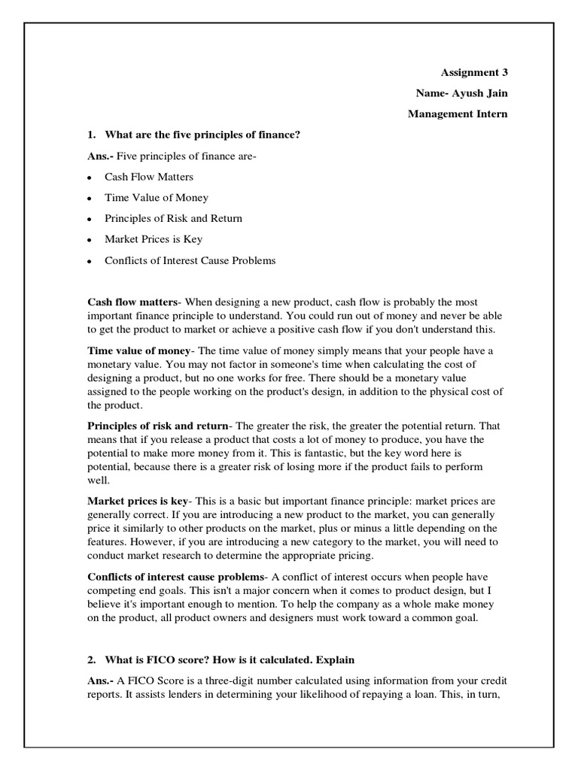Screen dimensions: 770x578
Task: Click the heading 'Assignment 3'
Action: (474, 73)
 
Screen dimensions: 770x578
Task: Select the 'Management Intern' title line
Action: (458, 114)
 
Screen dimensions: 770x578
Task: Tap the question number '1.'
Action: (93, 135)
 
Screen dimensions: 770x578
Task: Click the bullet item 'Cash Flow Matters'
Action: (148, 177)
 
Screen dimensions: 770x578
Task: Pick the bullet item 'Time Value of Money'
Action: (156, 198)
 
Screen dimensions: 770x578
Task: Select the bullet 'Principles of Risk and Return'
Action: (173, 219)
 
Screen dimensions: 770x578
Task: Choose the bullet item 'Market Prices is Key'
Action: (153, 240)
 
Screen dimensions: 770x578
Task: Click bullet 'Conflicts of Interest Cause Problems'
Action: (190, 261)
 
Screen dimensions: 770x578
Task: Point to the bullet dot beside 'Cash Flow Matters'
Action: (89, 177)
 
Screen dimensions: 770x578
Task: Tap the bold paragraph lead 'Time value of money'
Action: (140, 350)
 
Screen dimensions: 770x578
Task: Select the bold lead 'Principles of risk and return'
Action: (157, 426)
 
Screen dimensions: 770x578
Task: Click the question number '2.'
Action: (93, 659)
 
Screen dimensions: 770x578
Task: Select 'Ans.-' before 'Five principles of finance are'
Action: (101, 156)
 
